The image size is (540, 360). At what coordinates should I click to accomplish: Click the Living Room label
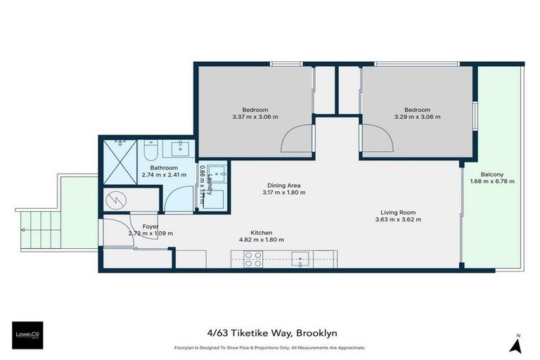399,212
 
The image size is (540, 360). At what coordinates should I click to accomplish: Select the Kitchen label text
261,233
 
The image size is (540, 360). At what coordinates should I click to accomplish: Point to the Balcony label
491,174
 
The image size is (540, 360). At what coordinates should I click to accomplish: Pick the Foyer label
150,226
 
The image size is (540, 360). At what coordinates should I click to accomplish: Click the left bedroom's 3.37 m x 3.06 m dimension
255,117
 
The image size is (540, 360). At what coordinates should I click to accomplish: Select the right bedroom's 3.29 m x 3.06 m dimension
417,117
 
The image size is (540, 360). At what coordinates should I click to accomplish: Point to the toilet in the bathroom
150,150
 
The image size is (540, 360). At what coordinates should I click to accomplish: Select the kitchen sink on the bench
301,259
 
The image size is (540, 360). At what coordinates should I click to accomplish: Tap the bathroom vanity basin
180,148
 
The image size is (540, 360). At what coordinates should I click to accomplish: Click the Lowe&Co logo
28,335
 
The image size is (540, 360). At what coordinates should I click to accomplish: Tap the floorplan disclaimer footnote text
269,347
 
